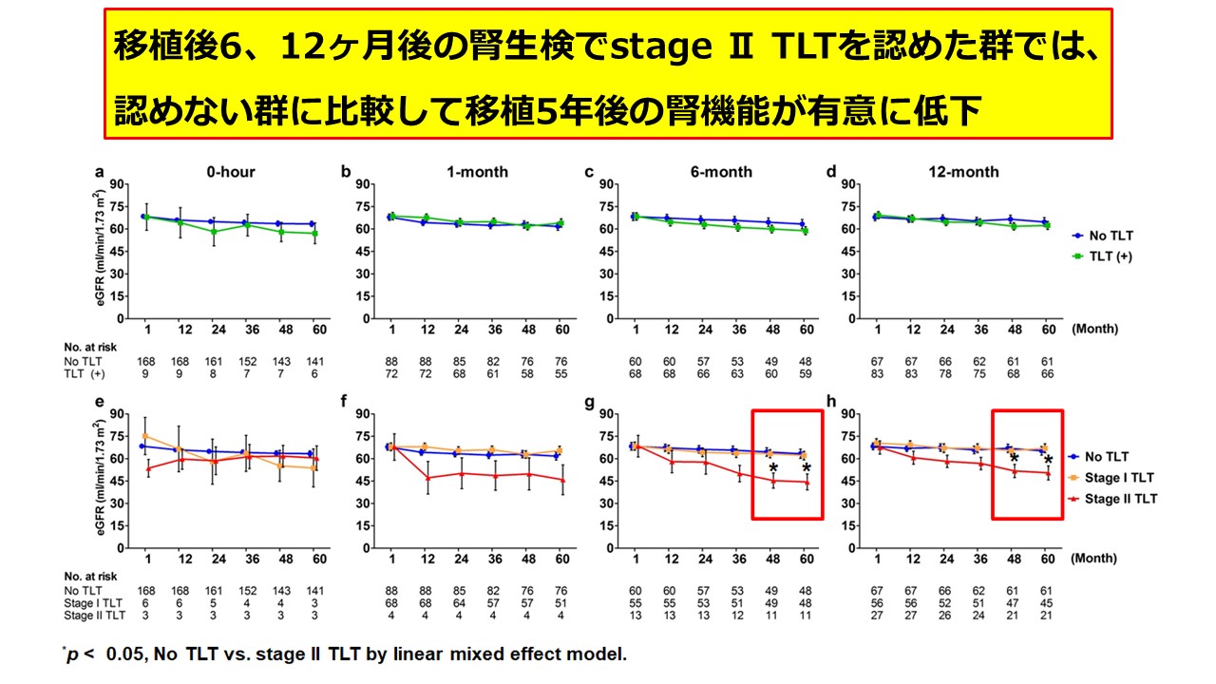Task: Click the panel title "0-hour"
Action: click(x=231, y=172)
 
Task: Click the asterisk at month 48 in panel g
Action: click(x=773, y=468)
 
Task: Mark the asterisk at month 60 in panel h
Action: click(x=1048, y=462)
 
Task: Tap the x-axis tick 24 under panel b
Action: click(x=461, y=329)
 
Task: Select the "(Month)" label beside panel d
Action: click(x=1093, y=329)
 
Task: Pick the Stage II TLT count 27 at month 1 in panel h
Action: click(x=878, y=615)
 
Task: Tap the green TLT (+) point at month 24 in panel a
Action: click(x=215, y=232)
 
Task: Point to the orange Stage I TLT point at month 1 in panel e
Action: click(x=144, y=435)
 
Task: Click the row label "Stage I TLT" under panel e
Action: click(x=94, y=602)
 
